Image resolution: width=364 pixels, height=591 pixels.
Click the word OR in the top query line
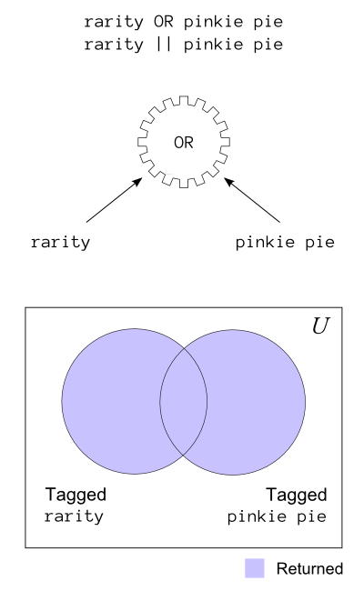pos(163,22)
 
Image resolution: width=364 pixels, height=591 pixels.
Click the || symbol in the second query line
pos(163,45)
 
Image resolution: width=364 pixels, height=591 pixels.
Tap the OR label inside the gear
pos(184,143)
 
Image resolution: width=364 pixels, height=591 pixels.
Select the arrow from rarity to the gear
pos(115,200)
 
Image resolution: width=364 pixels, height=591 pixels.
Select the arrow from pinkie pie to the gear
pos(252,200)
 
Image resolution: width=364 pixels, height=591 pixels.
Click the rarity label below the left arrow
pos(60,242)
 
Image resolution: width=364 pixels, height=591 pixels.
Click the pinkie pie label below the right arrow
pos(285,242)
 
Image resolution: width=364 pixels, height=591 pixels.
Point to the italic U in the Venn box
pos(321,326)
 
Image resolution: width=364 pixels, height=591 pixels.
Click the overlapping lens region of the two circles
pos(183,402)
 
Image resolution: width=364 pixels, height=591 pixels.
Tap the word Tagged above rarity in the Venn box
pos(76,495)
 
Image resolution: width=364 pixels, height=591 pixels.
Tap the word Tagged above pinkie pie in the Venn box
pos(297,495)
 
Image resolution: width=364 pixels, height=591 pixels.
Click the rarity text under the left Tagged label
pos(74,516)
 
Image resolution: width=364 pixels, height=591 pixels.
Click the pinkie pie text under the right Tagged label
pos(277,516)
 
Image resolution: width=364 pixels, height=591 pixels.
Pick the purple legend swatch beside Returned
pos(255,568)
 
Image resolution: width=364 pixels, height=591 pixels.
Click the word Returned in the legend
pos(309,568)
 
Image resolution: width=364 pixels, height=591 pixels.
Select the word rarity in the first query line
pos(114,22)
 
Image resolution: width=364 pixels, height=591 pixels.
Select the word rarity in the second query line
pos(114,45)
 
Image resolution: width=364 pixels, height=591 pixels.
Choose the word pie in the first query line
pos(268,22)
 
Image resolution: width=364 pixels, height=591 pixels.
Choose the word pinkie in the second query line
pos(213,45)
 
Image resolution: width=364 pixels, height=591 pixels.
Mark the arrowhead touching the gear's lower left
pos(137,182)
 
